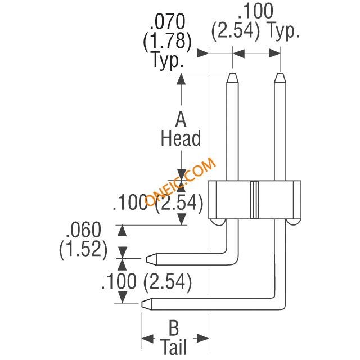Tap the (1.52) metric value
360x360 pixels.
coord(83,249)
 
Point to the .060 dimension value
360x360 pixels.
coord(83,231)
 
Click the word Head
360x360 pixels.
coord(181,138)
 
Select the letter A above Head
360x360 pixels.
coord(181,120)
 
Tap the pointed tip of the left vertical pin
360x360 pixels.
coord(231,74)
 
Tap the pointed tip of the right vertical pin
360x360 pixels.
coord(280,74)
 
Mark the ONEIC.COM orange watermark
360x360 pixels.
coord(180,182)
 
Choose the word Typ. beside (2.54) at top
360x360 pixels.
coord(281,31)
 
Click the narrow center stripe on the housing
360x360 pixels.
coord(255,200)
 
